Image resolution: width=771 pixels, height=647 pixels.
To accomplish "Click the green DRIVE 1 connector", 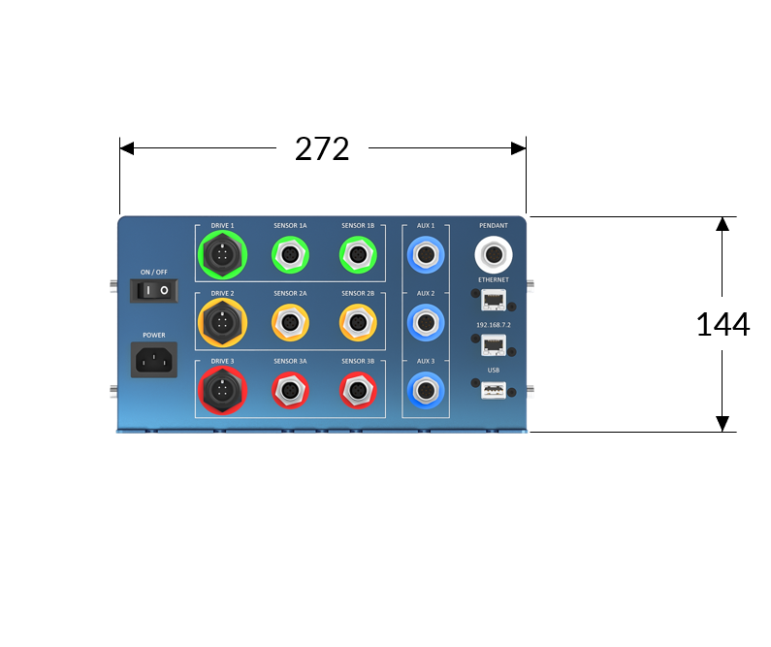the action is [x=222, y=255].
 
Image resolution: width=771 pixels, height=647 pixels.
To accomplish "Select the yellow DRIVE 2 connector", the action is [x=222, y=323].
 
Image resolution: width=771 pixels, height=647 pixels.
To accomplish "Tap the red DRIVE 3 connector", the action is [x=222, y=391].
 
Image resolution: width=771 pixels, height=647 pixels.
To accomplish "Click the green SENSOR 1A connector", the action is [x=290, y=255].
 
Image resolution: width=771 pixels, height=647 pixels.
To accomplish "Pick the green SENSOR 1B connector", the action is [x=358, y=255].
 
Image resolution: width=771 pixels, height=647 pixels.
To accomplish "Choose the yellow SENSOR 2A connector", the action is [x=290, y=323].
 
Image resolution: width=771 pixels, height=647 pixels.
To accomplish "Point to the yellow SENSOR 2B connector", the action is [x=358, y=323].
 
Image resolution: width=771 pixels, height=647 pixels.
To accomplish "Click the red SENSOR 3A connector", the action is [x=290, y=391].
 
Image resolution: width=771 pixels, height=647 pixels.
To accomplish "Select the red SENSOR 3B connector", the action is [x=358, y=391].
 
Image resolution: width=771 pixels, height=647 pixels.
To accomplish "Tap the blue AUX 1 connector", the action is [x=426, y=256].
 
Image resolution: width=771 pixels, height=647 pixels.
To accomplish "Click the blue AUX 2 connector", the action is [x=426, y=322].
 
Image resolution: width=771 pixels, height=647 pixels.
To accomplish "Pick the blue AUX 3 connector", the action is [x=426, y=391].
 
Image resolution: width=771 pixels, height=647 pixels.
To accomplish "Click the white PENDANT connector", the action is [x=494, y=256].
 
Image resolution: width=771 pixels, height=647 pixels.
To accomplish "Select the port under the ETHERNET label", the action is [x=493, y=299].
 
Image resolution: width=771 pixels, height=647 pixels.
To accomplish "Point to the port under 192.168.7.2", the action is [x=493, y=343].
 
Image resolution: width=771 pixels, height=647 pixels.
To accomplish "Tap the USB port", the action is [x=493, y=390].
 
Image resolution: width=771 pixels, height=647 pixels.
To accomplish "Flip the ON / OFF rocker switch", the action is [x=155, y=290].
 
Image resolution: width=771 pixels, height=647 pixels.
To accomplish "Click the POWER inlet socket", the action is [x=154, y=361].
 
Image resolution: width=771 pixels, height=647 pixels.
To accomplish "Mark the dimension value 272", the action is [x=322, y=147].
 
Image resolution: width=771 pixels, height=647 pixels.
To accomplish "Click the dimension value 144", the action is [x=723, y=323].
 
